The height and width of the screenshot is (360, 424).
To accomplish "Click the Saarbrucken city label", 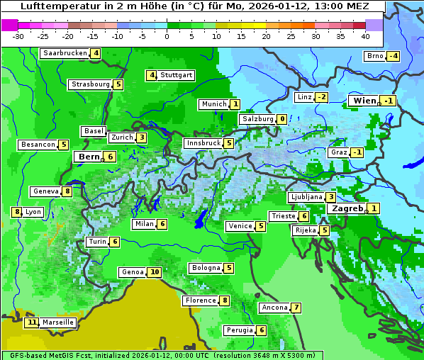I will click(x=65, y=53).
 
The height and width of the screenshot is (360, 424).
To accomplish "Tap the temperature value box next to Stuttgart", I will click(x=151, y=75).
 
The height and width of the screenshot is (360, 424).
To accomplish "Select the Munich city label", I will click(x=213, y=104).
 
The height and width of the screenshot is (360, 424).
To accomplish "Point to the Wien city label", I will click(x=364, y=101).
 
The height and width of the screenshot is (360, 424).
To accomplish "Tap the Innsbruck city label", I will click(x=202, y=143).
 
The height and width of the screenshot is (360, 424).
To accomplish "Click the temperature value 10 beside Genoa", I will click(x=155, y=272).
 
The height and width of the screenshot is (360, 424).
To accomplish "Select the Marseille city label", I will click(x=57, y=322).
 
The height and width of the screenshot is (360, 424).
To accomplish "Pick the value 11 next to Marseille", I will click(x=31, y=322).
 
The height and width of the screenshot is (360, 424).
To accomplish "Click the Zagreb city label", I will click(x=347, y=208).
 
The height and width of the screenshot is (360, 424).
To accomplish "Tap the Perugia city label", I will click(x=239, y=330).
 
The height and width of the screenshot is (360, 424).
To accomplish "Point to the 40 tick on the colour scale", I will click(x=365, y=36).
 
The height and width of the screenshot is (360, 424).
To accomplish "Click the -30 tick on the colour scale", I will click(x=18, y=36).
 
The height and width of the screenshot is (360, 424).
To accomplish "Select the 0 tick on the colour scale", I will click(x=167, y=36).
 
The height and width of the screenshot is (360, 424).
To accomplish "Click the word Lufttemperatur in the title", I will click(x=56, y=6).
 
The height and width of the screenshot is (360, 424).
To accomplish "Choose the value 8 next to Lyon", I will click(x=16, y=212).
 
